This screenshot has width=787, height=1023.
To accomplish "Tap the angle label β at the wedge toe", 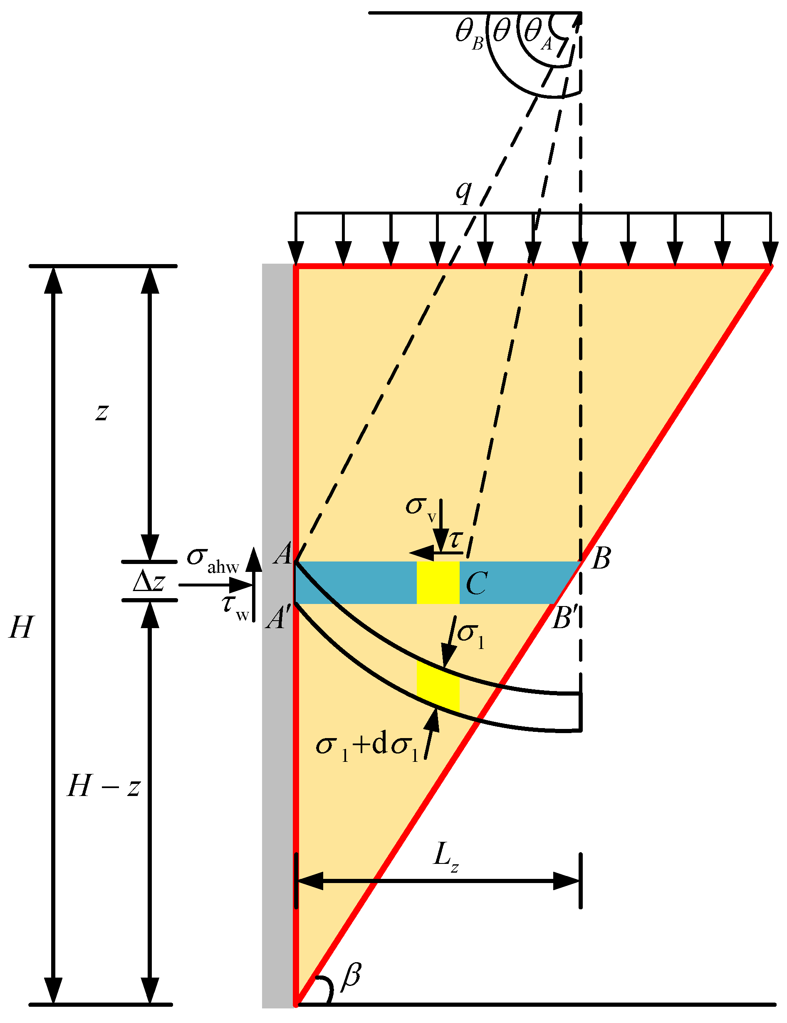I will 351,976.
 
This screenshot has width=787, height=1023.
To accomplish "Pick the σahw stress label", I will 213,559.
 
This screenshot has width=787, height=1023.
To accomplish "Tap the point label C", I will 476,584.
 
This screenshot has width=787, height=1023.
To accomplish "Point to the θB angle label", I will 469,35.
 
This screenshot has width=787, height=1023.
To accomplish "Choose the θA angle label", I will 538,35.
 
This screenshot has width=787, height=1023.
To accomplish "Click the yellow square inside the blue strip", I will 438,583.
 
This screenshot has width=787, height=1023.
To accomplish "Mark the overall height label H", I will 22,627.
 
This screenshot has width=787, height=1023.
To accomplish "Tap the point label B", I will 601,558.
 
